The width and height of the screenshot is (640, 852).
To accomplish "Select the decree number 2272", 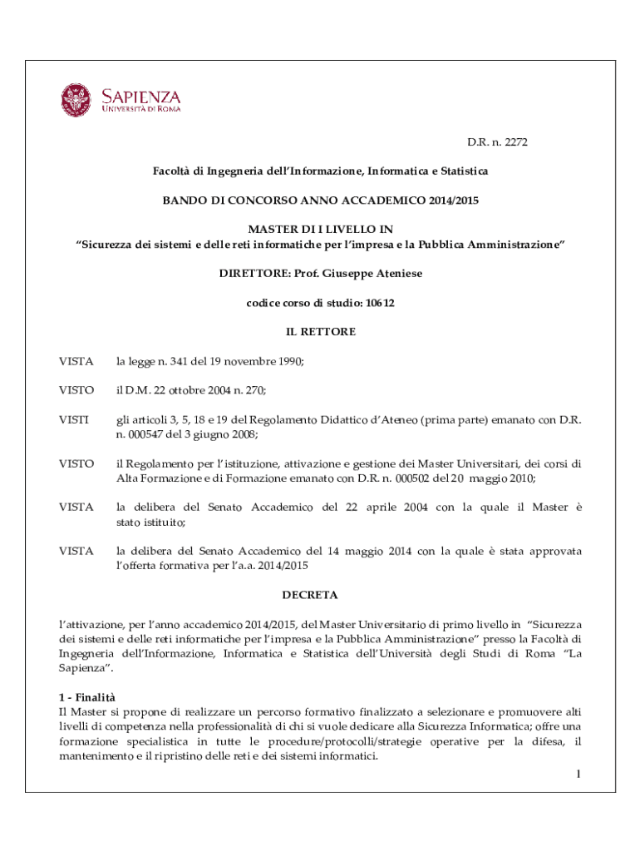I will (513, 142).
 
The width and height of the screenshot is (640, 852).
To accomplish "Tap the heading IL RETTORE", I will (320, 332).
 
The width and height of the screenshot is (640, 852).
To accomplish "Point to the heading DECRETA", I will (309, 596).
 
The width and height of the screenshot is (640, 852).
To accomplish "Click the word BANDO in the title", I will (183, 201).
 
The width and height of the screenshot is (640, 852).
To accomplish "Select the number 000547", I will (143, 434).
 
